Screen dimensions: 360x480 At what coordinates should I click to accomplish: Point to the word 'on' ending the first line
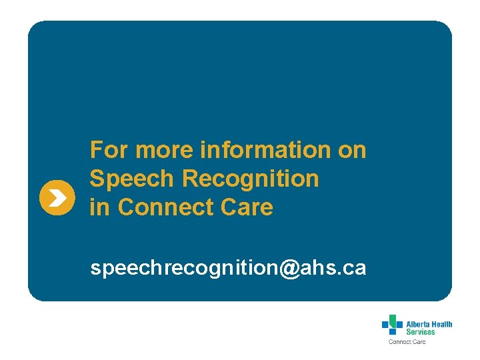pyautogui.click(x=352, y=150)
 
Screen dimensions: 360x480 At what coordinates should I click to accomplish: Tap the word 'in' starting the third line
pyautogui.click(x=100, y=207)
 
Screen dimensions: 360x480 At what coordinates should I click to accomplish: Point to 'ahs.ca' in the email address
pyautogui.click(x=333, y=268)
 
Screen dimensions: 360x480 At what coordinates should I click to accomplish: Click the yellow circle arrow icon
pyautogui.click(x=57, y=197)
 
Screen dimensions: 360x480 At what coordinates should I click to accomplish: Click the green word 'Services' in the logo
pyautogui.click(x=421, y=331)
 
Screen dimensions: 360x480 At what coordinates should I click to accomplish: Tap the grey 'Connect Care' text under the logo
pyautogui.click(x=407, y=342)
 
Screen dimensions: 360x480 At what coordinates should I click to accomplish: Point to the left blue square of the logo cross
pyautogui.click(x=385, y=325)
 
